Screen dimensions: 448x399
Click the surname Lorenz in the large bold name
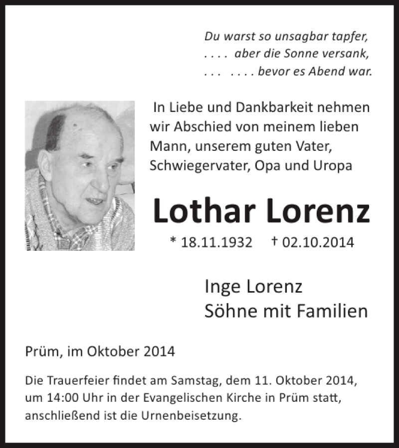[318, 211]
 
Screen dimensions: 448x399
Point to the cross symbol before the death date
[274, 241]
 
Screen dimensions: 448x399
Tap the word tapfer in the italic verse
[352, 36]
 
